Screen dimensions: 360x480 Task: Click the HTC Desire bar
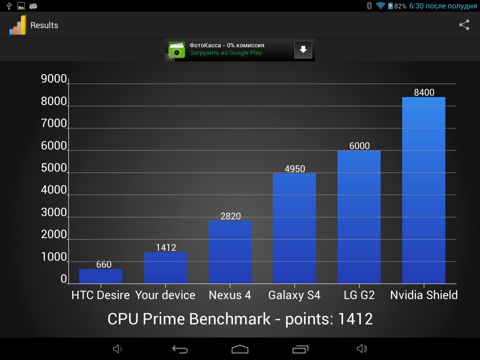point(101,277)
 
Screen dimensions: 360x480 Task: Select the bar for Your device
point(165,268)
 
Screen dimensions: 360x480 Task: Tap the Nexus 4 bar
point(230,252)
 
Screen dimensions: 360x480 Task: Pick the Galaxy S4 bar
point(294,228)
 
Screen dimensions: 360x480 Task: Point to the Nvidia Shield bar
point(424,190)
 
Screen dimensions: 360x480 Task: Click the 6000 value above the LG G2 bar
point(360,146)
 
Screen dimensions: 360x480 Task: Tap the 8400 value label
point(424,92)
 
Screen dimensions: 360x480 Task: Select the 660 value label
point(104,264)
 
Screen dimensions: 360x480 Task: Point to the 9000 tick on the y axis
point(54,79)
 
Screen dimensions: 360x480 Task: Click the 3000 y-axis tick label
point(54,212)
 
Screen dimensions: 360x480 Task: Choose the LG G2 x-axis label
point(359,295)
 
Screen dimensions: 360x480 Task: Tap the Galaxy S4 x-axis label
point(294,295)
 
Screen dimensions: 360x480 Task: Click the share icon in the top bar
point(464,25)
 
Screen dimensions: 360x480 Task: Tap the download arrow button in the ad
point(303,49)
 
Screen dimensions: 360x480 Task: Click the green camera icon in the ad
point(177,50)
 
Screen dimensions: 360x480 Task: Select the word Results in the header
point(44,25)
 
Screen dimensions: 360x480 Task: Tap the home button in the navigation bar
point(240,349)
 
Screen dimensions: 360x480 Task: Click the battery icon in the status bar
point(390,6)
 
